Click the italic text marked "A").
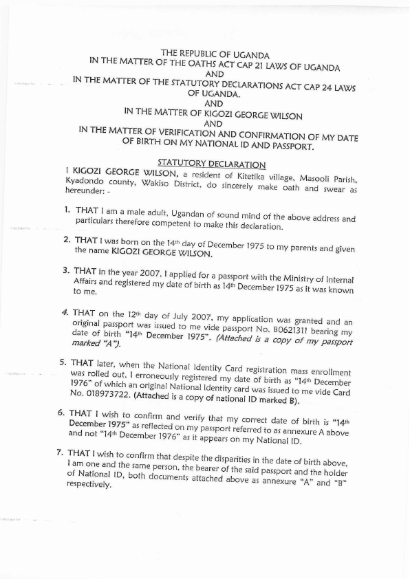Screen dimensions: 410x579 [94, 351]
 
